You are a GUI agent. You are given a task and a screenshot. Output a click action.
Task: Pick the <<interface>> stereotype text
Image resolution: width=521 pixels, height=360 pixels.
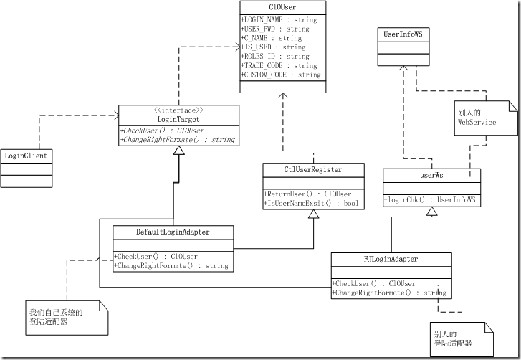(177, 110)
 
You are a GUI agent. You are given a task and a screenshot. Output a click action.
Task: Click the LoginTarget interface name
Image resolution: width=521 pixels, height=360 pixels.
(178, 119)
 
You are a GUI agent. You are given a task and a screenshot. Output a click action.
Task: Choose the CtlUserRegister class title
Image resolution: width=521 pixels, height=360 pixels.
(313, 170)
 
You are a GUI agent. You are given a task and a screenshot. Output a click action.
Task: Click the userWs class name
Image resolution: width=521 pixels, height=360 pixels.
(428, 174)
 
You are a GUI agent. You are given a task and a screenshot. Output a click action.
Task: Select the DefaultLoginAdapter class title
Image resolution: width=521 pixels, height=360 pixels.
(173, 232)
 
